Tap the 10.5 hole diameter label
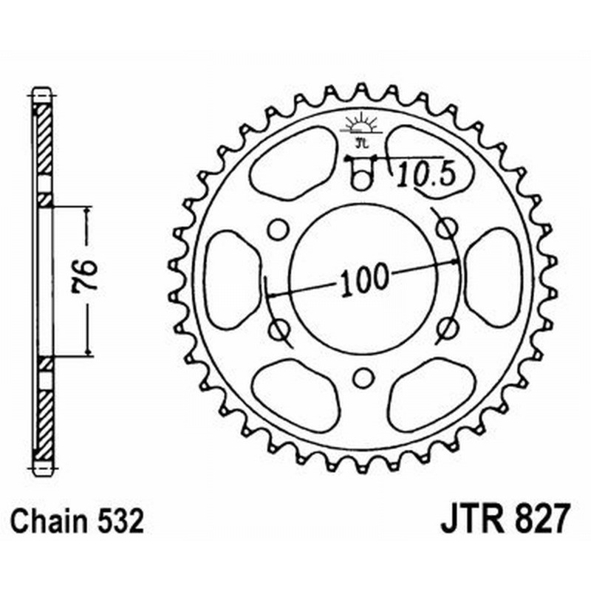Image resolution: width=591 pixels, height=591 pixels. coord(418,175)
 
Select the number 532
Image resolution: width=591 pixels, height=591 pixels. coord(117,521)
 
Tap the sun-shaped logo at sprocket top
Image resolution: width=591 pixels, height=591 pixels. coord(361,126)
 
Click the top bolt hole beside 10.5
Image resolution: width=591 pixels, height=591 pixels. coord(361,177)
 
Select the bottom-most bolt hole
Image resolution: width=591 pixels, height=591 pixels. coord(361,378)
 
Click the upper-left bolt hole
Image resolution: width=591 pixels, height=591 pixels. coord(277,230)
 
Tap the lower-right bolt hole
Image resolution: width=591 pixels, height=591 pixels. coord(445,328)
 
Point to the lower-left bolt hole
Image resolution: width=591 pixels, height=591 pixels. coord(278,329)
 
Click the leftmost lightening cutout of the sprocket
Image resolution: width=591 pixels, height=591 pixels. coord(230,278)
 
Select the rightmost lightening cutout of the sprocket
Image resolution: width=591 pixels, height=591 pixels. coord(493,278)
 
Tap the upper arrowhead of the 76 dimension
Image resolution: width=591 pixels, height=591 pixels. coord(87,211)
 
